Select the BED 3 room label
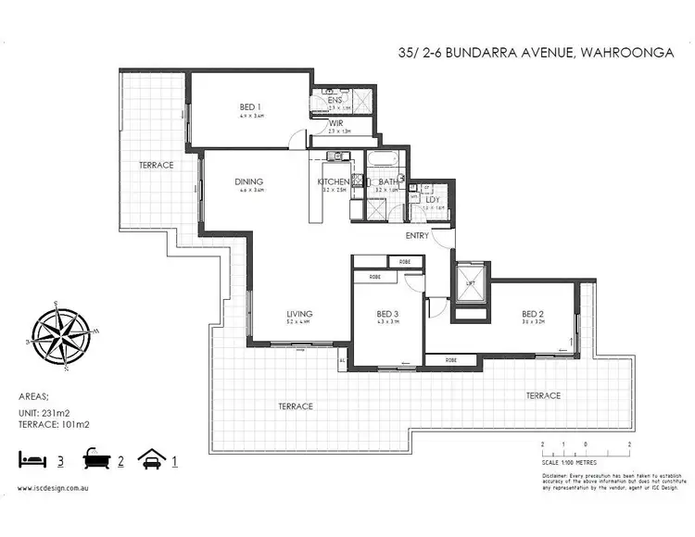coord(387,313)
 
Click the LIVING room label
coord(298,313)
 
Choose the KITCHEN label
coord(334,181)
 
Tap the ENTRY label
coord(417,236)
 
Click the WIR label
coord(335,123)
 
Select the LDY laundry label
coord(432,199)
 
